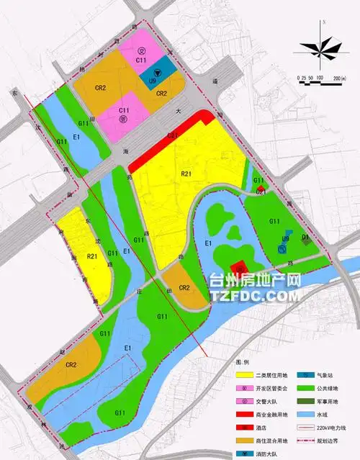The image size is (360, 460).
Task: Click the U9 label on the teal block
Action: click(x=153, y=82)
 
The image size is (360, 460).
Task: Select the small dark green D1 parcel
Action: click(x=305, y=238)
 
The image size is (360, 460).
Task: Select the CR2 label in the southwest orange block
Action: click(x=71, y=365)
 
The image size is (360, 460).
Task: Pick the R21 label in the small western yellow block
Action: click(x=91, y=256)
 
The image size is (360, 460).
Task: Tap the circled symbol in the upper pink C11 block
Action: click(x=142, y=50)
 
